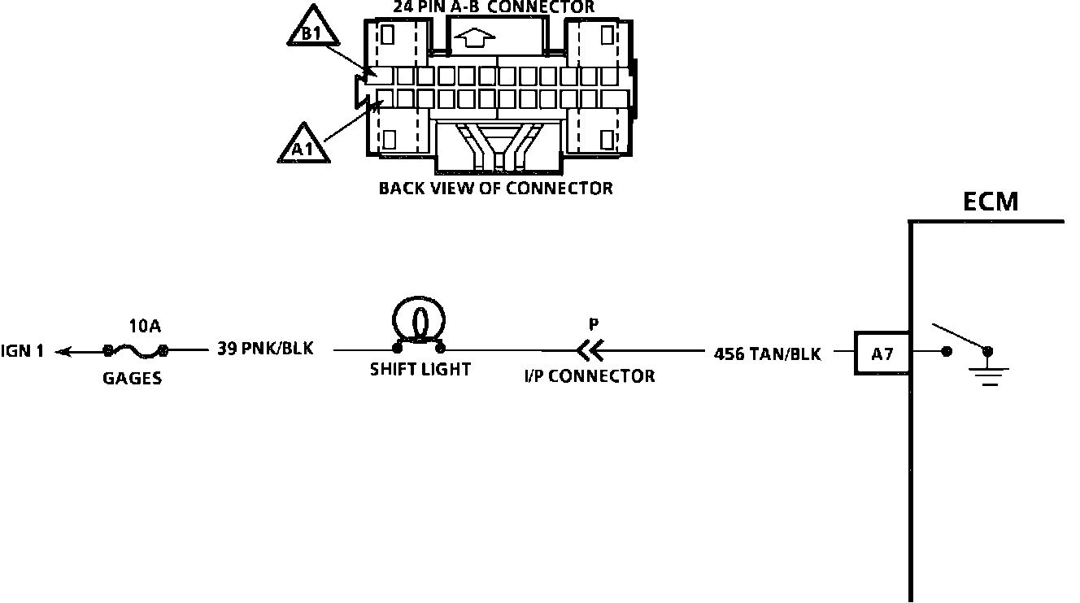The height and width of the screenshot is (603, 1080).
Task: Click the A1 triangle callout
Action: click(303, 145)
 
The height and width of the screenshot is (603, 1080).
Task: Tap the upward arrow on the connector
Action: click(474, 37)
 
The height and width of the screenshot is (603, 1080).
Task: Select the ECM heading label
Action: click(991, 202)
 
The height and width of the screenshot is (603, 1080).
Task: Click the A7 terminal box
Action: click(882, 353)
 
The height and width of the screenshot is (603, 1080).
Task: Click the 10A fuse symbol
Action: click(136, 350)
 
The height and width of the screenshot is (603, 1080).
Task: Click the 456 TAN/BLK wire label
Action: click(767, 354)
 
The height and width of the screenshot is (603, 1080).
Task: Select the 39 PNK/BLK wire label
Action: click(265, 348)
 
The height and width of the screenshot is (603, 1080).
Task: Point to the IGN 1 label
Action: click(22, 351)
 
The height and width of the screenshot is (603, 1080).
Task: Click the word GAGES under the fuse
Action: click(133, 378)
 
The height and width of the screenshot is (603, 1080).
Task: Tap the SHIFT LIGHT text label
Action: click(420, 370)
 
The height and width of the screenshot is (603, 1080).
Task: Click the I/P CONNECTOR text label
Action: click(590, 376)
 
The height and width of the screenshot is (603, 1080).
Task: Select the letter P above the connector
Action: click(594, 324)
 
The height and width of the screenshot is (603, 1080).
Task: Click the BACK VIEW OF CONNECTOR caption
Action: click(495, 189)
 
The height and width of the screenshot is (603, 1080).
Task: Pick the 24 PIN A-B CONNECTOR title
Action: click(494, 7)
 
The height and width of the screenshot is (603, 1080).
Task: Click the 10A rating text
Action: click(145, 326)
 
